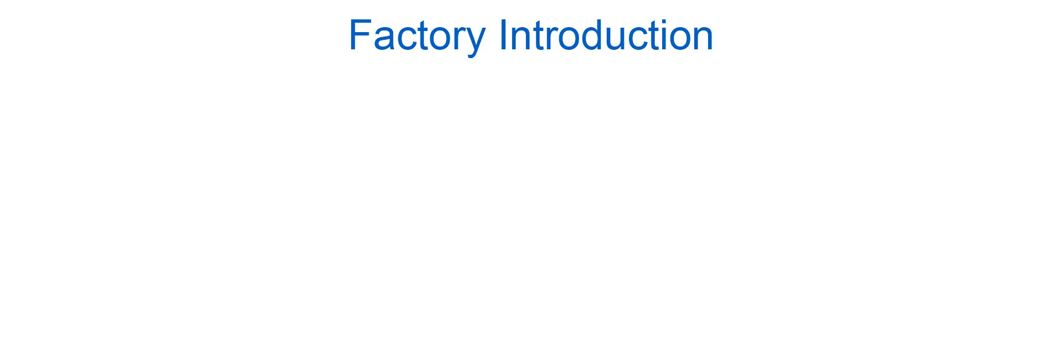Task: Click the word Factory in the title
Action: (x=417, y=37)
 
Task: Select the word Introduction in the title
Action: (x=606, y=35)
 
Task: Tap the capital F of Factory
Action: (x=360, y=35)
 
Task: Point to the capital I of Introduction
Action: (x=503, y=35)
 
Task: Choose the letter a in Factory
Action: (x=384, y=40)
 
